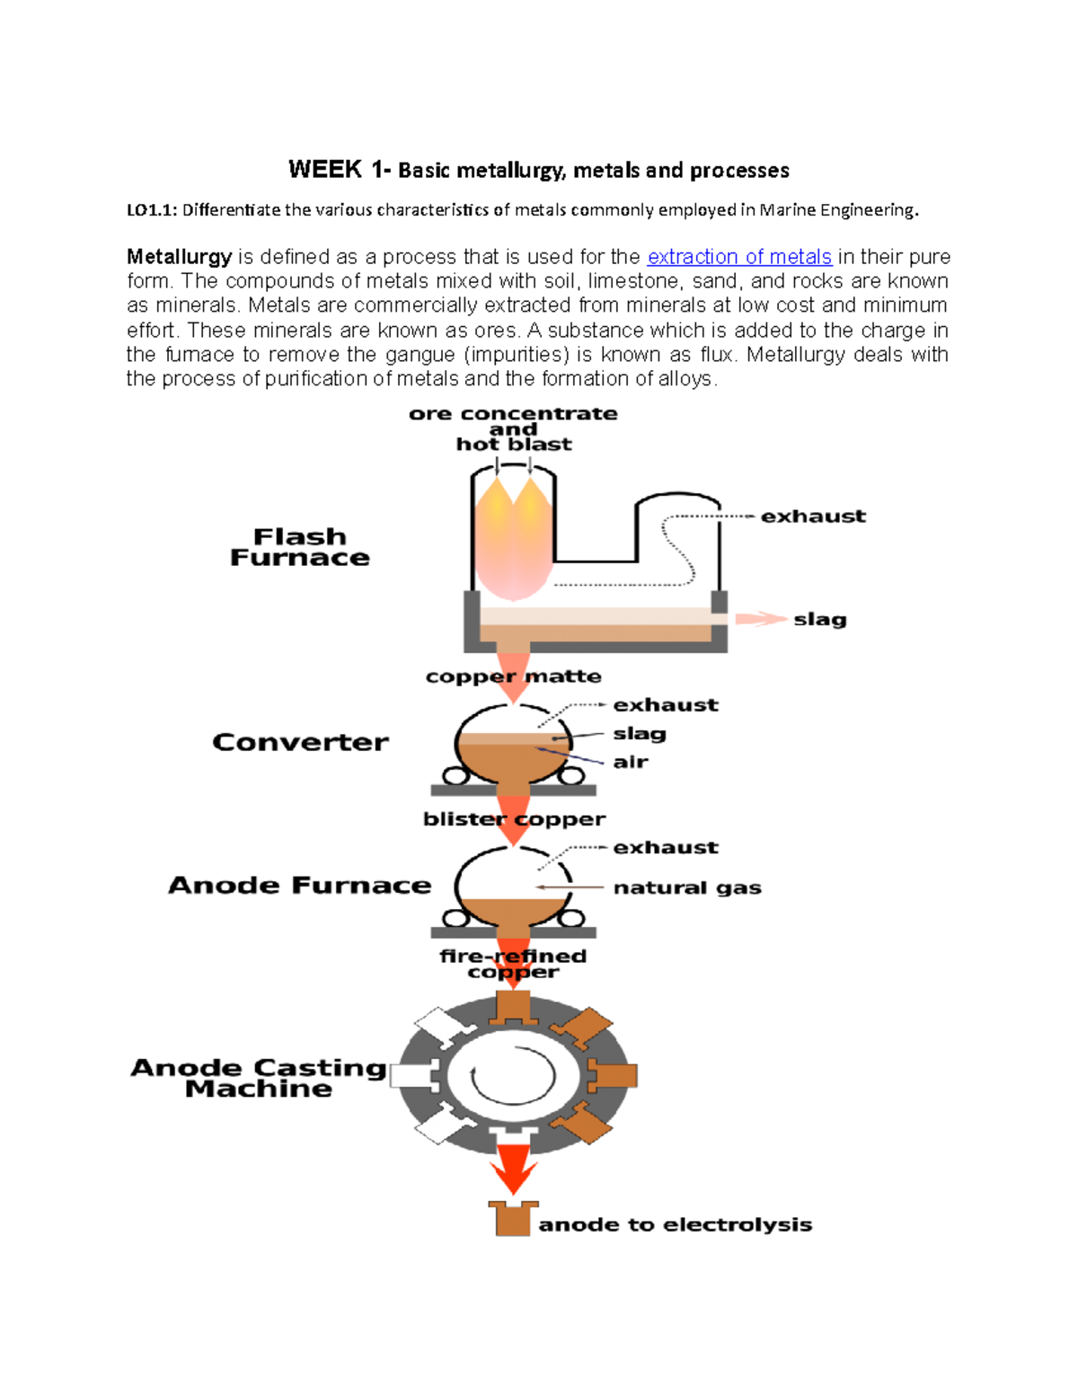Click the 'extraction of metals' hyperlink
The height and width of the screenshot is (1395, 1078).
[738, 257]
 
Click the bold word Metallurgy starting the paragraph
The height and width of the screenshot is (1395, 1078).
[180, 257]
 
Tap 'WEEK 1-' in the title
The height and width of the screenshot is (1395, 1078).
[339, 170]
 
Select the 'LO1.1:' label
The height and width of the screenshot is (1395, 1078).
[152, 210]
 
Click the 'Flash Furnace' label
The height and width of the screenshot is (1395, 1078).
[300, 547]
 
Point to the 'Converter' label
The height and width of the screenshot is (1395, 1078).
[301, 742]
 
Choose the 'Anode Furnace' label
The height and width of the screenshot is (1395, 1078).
[300, 886]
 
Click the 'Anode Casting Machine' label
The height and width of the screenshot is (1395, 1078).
[259, 1078]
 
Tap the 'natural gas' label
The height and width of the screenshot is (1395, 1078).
[687, 887]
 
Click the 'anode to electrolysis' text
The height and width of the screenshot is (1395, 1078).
[676, 1224]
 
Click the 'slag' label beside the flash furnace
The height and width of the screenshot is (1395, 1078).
[820, 619]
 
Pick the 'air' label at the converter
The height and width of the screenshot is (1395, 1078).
[631, 762]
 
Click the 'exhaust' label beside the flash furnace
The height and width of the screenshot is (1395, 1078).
[813, 517]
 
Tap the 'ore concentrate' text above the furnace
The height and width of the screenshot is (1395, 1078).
[513, 414]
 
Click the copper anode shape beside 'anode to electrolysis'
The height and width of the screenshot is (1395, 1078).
[513, 1218]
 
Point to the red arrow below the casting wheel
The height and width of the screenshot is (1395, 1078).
[513, 1171]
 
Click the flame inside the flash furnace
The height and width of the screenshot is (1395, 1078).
[513, 539]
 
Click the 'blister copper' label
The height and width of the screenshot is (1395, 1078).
[514, 819]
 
